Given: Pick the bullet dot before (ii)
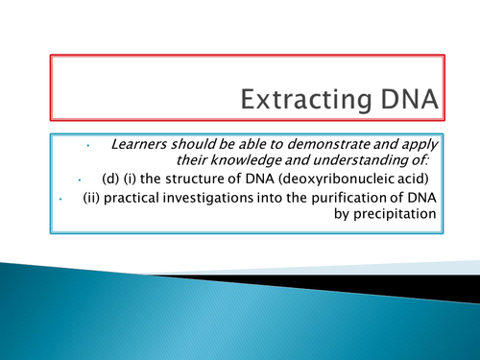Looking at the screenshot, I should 60,200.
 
